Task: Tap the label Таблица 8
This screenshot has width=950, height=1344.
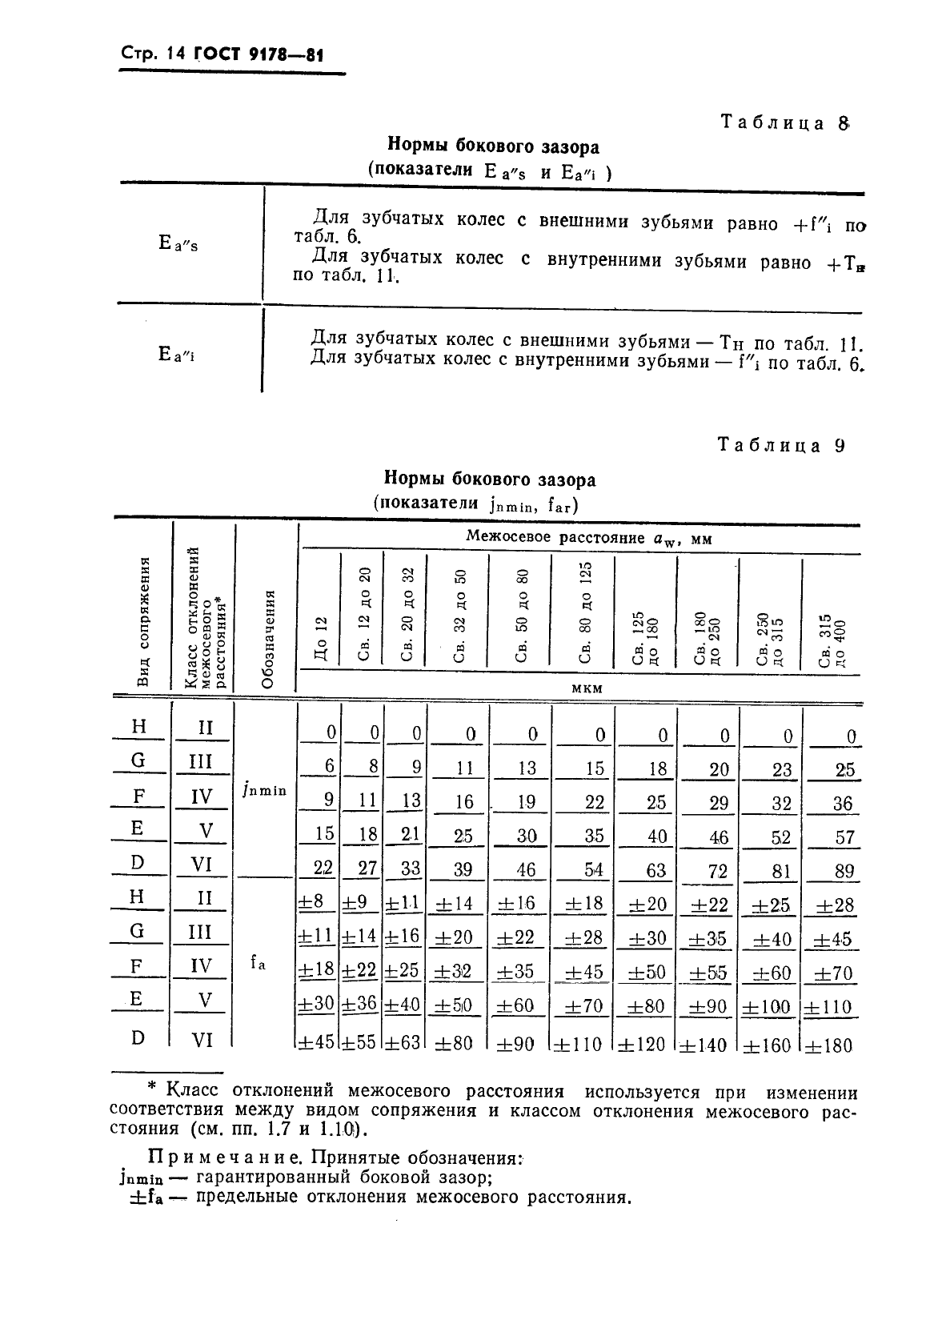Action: pyautogui.click(x=784, y=123)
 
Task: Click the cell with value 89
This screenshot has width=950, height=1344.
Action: pyautogui.click(x=844, y=871)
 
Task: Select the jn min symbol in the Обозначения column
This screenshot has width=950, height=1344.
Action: pyautogui.click(x=263, y=790)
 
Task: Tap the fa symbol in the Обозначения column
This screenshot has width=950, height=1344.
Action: pyautogui.click(x=257, y=965)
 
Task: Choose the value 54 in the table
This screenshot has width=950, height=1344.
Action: pyautogui.click(x=594, y=870)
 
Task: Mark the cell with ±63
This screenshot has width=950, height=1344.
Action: pyautogui.click(x=403, y=1043)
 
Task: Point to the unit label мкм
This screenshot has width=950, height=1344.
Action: pyautogui.click(x=587, y=688)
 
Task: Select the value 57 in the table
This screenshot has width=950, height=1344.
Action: pyautogui.click(x=844, y=837)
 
